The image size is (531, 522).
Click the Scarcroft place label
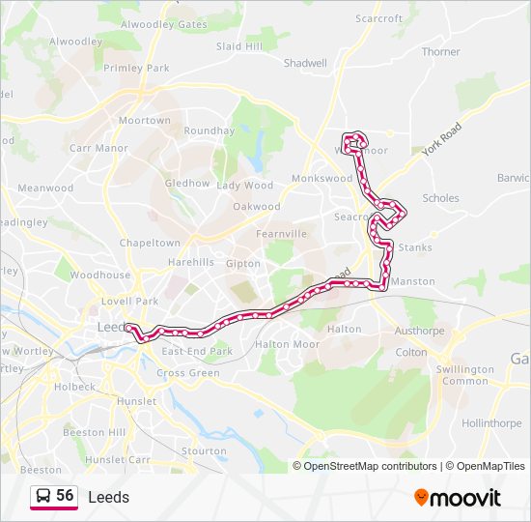point(378,18)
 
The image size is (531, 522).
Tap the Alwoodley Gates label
point(164,24)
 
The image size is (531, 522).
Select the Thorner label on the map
point(440,52)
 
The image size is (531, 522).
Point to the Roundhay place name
point(209,130)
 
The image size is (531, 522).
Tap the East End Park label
point(197,352)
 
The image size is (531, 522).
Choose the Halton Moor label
point(287,344)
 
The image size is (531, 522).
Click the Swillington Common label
point(463,375)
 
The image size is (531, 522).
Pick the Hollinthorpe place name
point(491,423)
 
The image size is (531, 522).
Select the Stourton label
point(203,450)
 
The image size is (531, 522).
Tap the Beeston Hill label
point(94,432)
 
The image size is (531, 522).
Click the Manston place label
point(416,281)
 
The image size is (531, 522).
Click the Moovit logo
point(458,498)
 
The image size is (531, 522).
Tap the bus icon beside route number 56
point(42,497)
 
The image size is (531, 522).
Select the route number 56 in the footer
point(65,496)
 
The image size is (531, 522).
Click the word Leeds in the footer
point(108,498)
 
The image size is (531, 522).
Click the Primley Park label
point(136,69)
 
